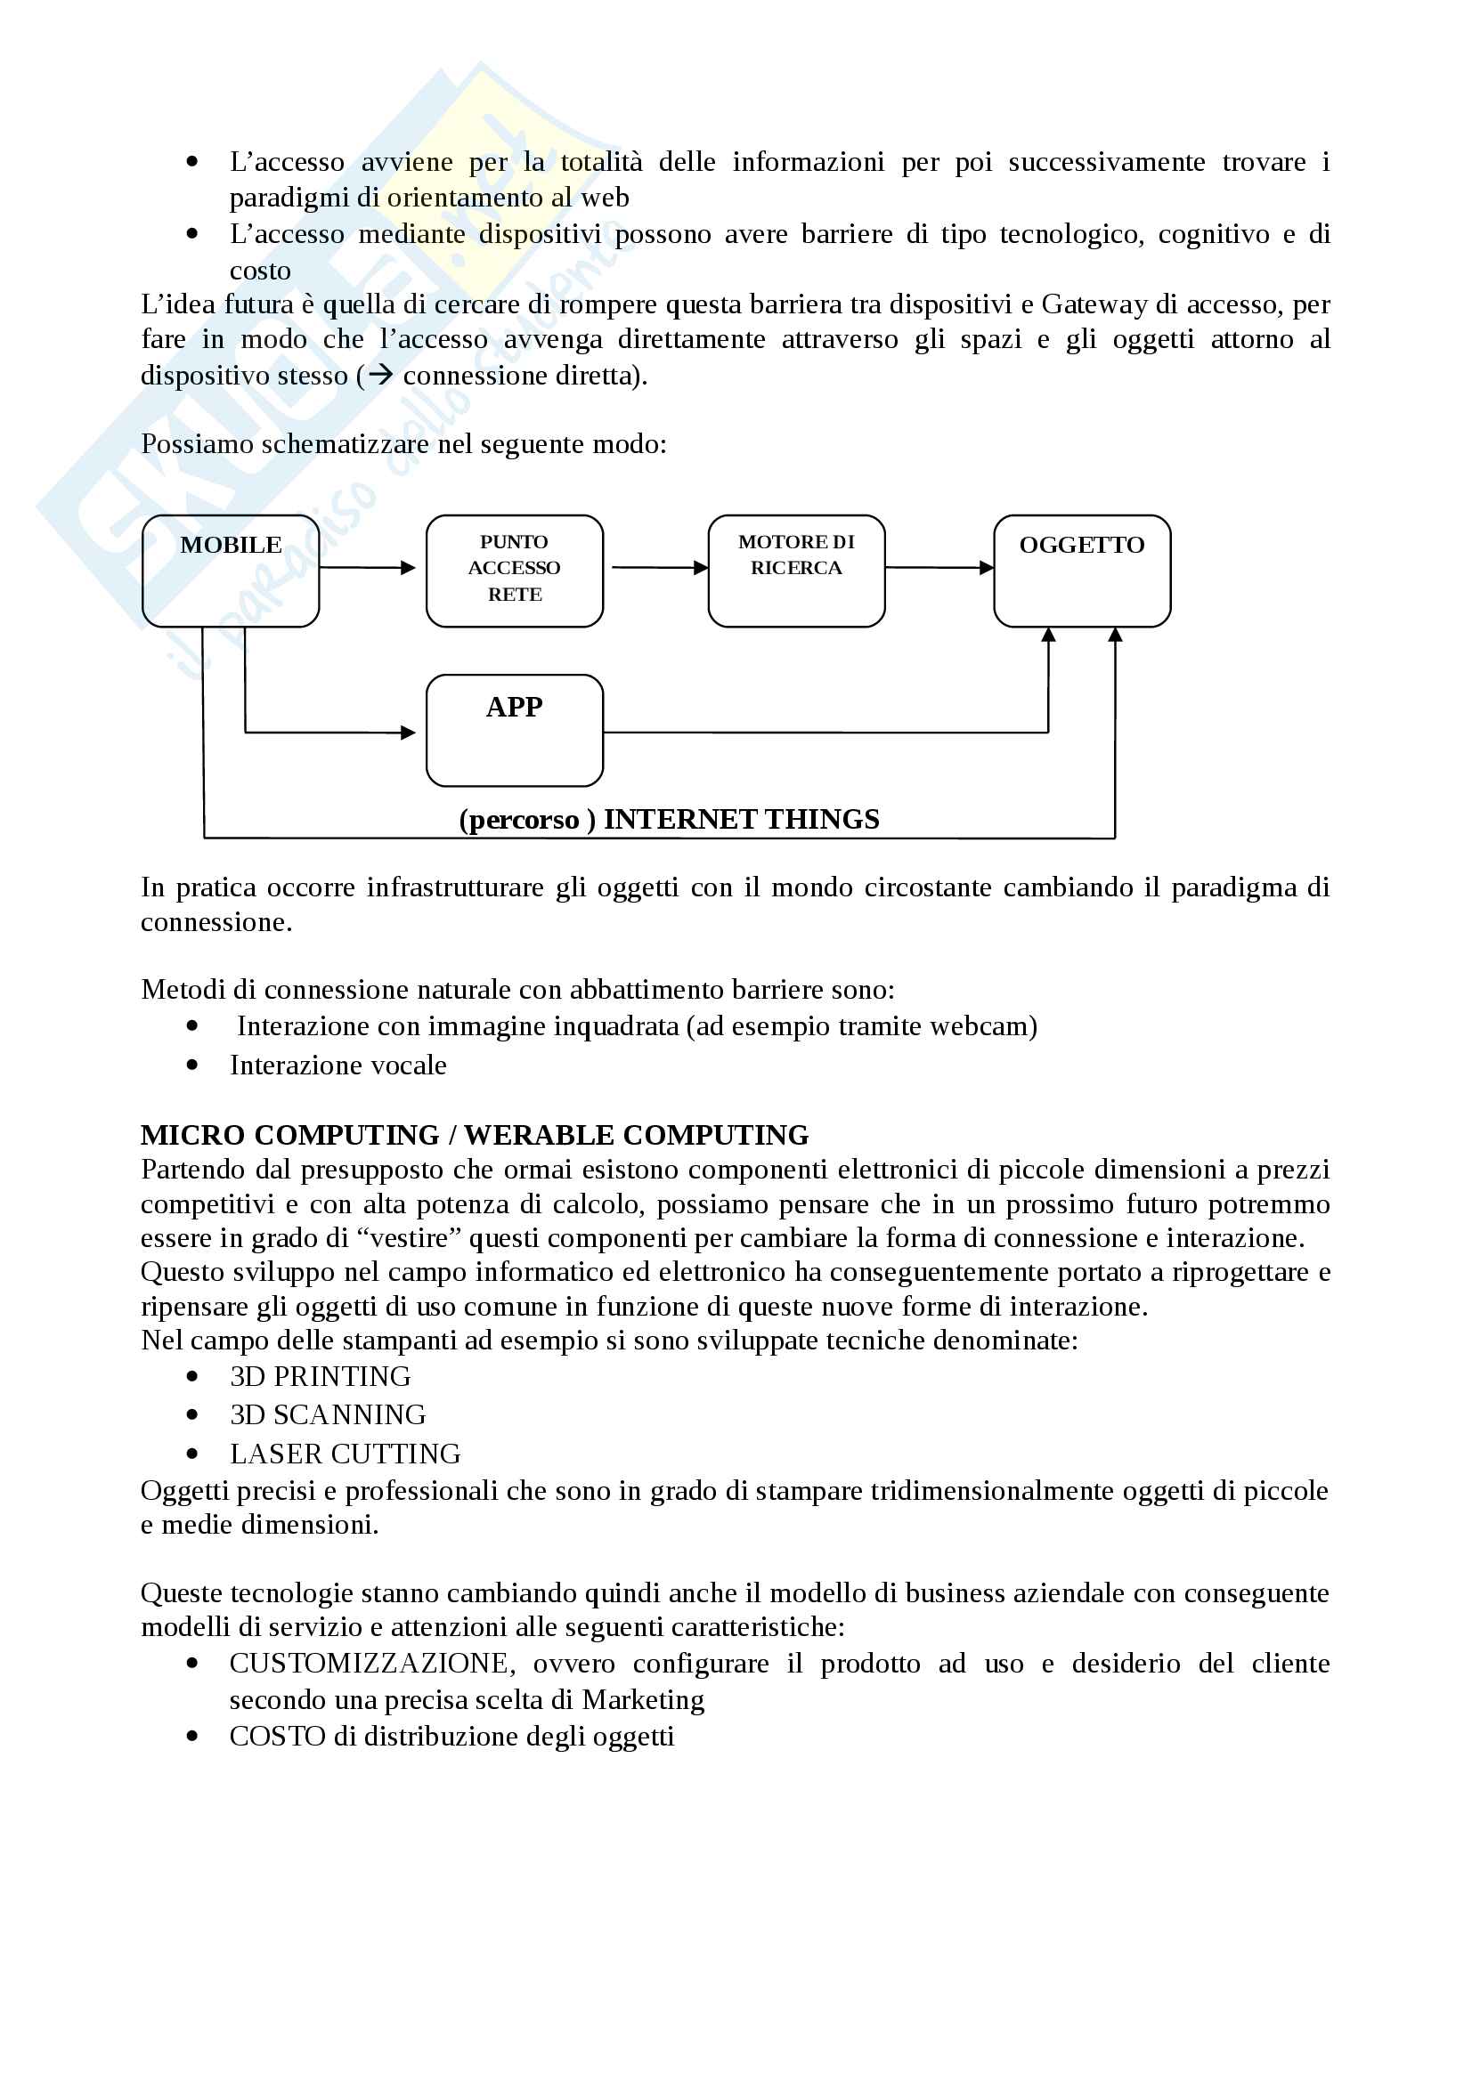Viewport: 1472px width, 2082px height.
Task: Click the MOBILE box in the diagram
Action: click(x=231, y=571)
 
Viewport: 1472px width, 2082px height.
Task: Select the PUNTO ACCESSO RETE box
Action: click(x=514, y=571)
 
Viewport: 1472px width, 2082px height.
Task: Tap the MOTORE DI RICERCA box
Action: click(x=795, y=571)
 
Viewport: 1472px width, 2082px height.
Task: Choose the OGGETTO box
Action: click(x=1081, y=571)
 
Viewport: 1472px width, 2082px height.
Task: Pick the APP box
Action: click(x=514, y=730)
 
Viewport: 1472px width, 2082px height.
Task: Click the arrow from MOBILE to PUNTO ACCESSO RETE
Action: click(x=366, y=568)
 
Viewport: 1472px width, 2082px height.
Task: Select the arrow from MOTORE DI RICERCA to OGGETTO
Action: click(x=939, y=568)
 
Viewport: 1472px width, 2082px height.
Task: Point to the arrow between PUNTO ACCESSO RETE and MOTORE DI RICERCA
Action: click(x=658, y=568)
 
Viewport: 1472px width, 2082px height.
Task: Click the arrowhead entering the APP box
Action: click(x=408, y=733)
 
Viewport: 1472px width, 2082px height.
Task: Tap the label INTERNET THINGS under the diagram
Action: click(x=741, y=819)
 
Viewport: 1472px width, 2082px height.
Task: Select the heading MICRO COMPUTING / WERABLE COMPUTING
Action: click(x=475, y=1134)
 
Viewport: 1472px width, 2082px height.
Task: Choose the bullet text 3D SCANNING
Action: click(x=328, y=1414)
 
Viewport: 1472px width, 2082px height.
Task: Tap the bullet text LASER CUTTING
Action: click(x=345, y=1454)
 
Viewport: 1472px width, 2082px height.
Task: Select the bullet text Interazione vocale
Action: click(x=338, y=1065)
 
